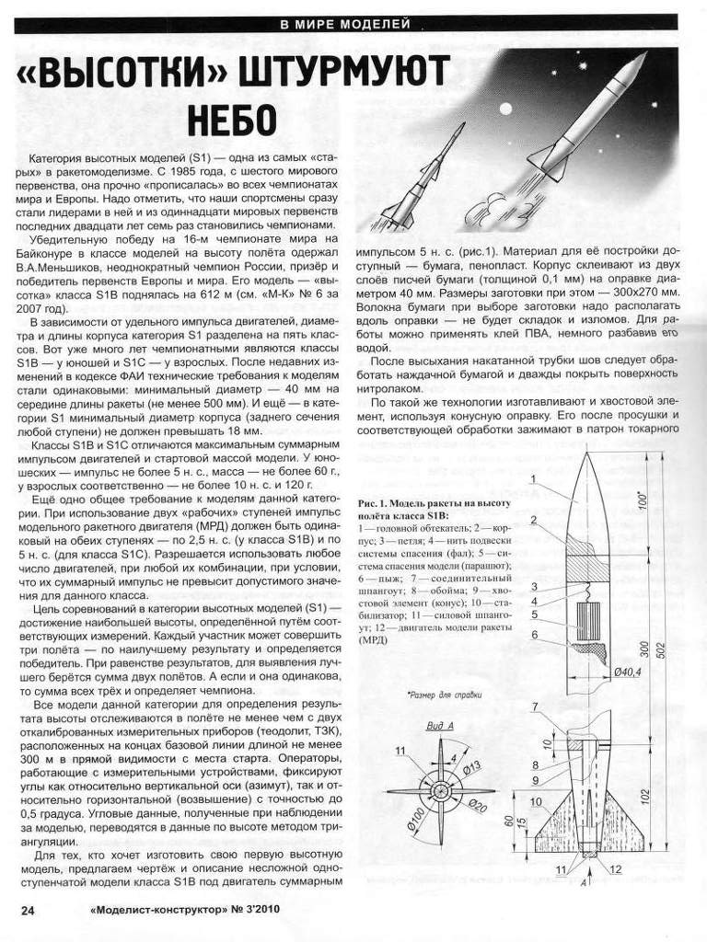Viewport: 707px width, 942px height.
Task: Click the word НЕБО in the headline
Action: click(x=232, y=121)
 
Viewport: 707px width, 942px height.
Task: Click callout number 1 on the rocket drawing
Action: click(x=534, y=478)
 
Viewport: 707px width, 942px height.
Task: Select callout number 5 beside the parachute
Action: click(x=534, y=614)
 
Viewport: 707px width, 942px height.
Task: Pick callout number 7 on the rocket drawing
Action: click(x=534, y=706)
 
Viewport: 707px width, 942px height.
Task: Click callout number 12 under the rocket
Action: click(x=616, y=867)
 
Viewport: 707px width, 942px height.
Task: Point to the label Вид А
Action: click(x=440, y=726)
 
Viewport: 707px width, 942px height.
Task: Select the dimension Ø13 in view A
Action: click(x=472, y=763)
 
